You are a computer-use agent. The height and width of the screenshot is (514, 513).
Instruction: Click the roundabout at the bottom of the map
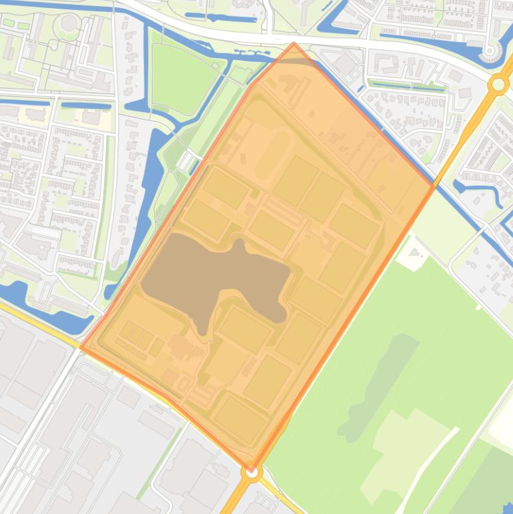(x=251, y=473)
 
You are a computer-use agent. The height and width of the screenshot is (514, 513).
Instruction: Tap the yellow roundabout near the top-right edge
(x=498, y=85)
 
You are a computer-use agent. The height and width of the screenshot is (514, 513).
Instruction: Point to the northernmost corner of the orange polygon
(x=294, y=43)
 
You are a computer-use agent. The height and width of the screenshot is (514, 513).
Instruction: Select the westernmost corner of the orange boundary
(x=81, y=347)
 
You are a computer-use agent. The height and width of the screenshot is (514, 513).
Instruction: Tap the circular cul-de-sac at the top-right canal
(x=491, y=51)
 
